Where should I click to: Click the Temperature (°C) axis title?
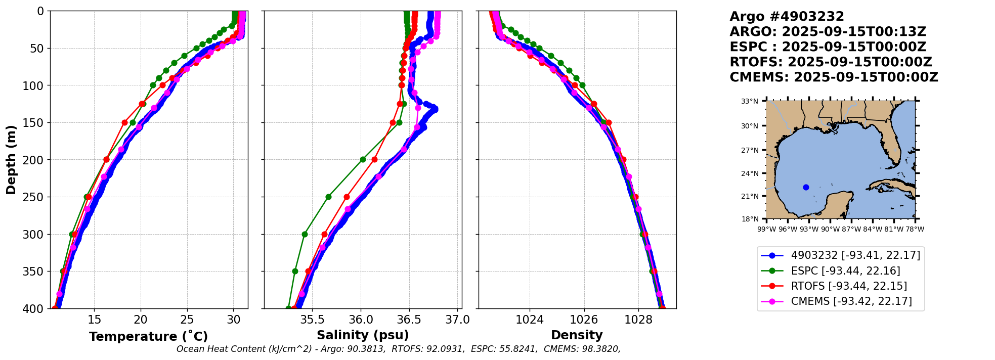coord(148,337)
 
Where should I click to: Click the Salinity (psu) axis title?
coord(363,335)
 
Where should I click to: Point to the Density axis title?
coord(577,335)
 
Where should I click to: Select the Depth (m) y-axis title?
coord(11,160)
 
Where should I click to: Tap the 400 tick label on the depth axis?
coord(34,308)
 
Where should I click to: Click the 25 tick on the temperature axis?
coord(187,320)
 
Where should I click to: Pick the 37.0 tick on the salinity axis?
coord(458,320)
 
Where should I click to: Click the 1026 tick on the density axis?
coord(584,320)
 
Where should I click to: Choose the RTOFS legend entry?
coord(849,286)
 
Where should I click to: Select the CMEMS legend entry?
coord(851,301)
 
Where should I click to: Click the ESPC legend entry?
coord(845,271)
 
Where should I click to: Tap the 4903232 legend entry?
coord(855,255)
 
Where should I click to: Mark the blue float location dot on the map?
coord(806,187)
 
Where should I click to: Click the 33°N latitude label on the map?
coord(750,102)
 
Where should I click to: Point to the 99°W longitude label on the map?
coord(767,229)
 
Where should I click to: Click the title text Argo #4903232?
coord(787,17)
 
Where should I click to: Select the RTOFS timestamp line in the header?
coord(831,62)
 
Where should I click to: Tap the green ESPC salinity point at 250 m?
coord(328,197)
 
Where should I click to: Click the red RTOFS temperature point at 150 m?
coord(124,122)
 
